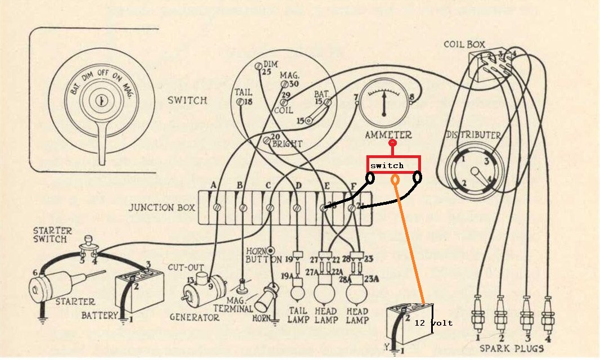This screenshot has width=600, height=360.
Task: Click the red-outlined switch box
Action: (x=393, y=164)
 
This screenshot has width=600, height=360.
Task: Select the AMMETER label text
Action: (x=388, y=135)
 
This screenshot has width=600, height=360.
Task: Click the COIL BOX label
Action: (x=464, y=44)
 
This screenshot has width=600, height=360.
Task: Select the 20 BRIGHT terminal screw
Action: (x=267, y=139)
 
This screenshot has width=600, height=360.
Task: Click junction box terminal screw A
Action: (x=216, y=208)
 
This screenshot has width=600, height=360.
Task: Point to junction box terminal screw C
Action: (x=270, y=208)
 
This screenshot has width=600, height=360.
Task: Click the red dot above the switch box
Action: (x=393, y=143)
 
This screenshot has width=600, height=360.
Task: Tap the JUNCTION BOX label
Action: (x=162, y=208)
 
